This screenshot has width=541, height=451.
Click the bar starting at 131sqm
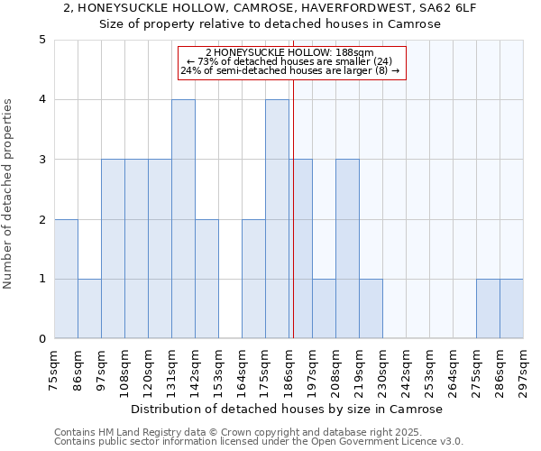tap(183, 219)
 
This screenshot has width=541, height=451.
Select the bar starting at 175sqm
tap(277, 219)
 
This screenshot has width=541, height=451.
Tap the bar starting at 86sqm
tap(89, 308)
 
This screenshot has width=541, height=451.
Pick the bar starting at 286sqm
tap(511, 308)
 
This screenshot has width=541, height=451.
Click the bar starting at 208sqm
tap(347, 249)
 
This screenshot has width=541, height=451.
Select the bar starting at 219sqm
tap(371, 308)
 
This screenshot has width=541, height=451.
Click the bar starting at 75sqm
tap(66, 279)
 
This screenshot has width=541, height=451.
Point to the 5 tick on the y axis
tap(41, 40)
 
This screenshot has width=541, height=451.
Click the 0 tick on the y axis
tap(41, 339)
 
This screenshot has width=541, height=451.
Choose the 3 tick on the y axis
tap(41, 160)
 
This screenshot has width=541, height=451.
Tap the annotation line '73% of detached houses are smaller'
tap(289, 61)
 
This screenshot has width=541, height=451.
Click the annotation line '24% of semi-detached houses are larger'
tap(289, 70)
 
